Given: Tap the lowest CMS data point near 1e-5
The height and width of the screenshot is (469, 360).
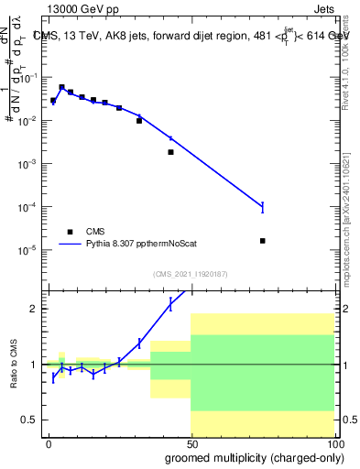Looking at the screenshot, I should pos(263,241).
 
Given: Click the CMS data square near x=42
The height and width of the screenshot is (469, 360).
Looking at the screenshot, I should pos(170,152).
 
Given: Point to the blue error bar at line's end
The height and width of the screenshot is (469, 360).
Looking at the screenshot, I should pos(262,207).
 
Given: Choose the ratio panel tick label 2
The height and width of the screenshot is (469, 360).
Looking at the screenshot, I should pos(33,309).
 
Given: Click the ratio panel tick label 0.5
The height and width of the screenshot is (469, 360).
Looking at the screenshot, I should pos(29,420).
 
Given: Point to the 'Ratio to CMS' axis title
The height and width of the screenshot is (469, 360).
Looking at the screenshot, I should pos(14,364).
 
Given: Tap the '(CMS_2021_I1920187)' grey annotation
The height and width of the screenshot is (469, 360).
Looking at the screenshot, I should pos(191,274).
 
